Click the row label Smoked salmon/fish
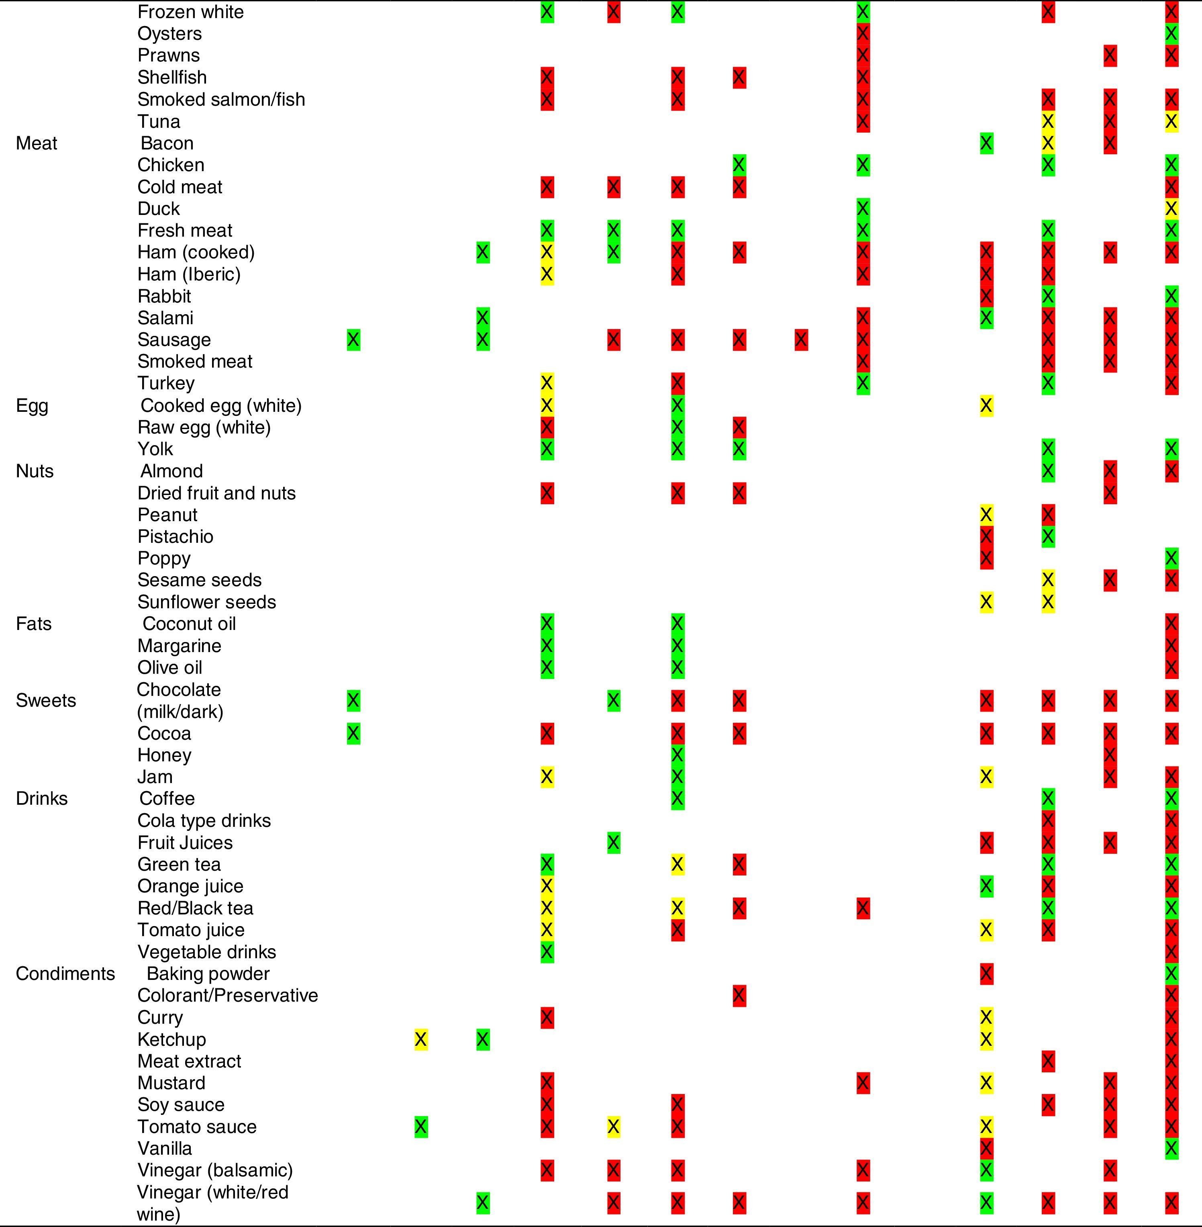click(221, 100)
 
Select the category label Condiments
click(65, 974)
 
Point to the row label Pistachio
click(176, 537)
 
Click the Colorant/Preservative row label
click(227, 996)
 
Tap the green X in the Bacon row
click(986, 143)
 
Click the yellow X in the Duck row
click(1171, 209)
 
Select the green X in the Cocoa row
click(353, 733)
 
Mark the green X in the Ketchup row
click(483, 1039)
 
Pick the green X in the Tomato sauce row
click(421, 1127)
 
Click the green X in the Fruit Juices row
click(613, 843)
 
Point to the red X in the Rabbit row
click(986, 296)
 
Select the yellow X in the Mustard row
click(986, 1083)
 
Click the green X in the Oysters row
click(1171, 33)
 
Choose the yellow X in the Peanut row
click(986, 515)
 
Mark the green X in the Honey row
click(678, 755)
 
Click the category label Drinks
click(42, 799)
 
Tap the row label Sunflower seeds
click(206, 602)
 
